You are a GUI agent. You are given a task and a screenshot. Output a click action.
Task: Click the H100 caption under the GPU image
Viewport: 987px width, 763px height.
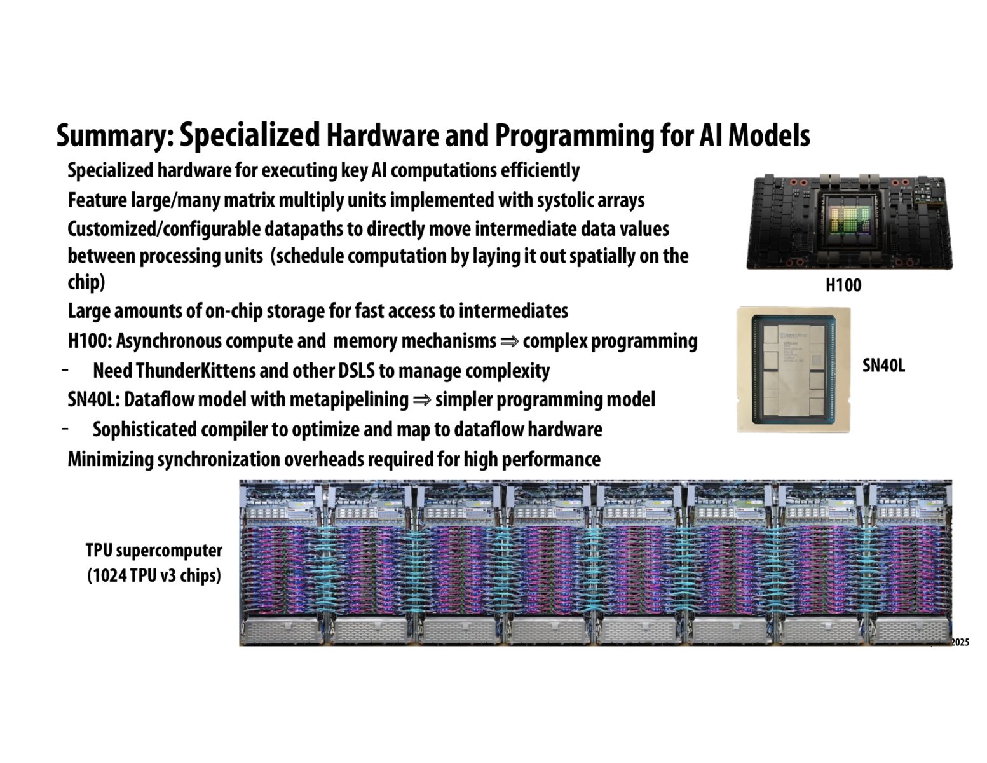(843, 285)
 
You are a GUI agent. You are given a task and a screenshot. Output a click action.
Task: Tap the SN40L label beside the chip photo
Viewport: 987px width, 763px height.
(883, 366)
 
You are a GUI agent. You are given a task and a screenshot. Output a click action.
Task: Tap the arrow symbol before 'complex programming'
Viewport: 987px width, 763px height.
(509, 341)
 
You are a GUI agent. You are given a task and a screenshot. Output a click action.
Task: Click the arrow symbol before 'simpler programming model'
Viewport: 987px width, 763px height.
(421, 400)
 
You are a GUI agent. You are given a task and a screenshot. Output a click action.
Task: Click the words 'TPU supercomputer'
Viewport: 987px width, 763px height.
(154, 551)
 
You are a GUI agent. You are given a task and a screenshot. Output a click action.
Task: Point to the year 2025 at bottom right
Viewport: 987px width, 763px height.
(960, 643)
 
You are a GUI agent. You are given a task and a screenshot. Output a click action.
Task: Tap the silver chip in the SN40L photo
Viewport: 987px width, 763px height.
(793, 371)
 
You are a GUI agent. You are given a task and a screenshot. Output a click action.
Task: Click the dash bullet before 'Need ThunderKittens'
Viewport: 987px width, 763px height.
(65, 370)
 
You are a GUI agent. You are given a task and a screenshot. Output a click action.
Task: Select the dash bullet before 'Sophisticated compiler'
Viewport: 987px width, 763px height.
(65, 429)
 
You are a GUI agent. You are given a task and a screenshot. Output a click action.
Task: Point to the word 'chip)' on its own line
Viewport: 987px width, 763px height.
(86, 282)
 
